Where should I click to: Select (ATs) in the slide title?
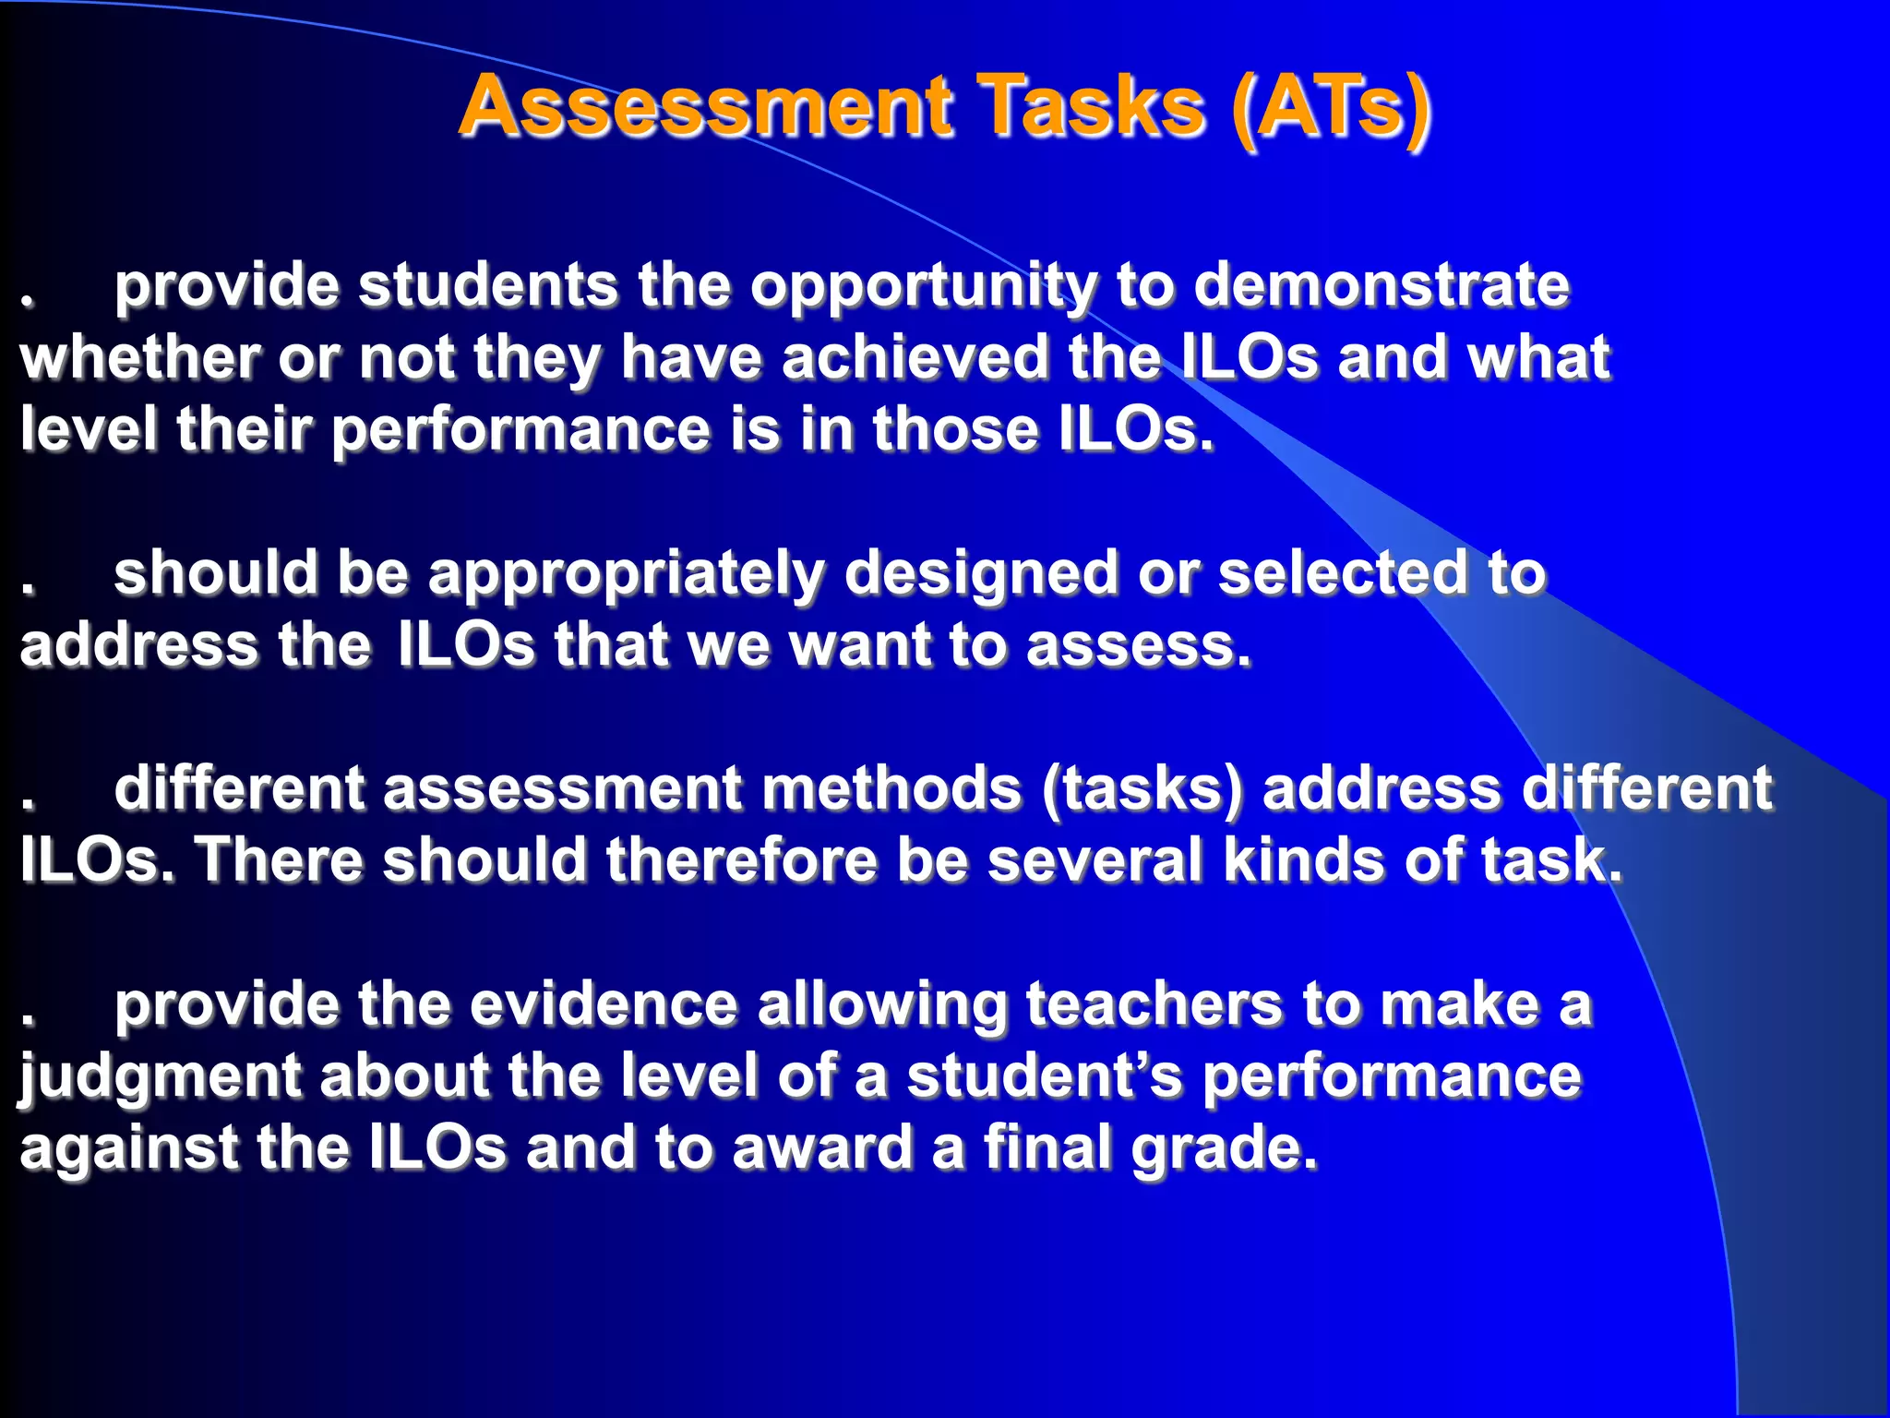click(x=1331, y=108)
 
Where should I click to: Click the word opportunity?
click(x=923, y=286)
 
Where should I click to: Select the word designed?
click(x=980, y=574)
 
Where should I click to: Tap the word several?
click(x=1095, y=859)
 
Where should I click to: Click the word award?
click(x=822, y=1148)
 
